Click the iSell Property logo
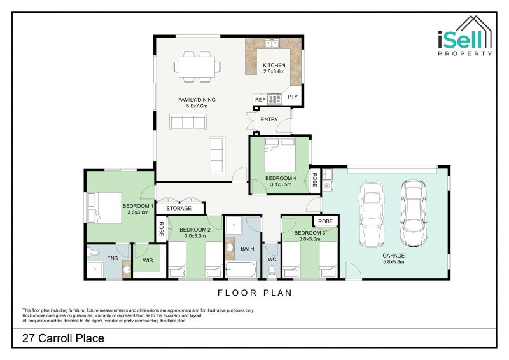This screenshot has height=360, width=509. pos(465,36)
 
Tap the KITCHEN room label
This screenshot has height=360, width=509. pos(274,65)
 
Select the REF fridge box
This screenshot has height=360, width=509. pos(260,100)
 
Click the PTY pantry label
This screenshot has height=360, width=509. pos(293,97)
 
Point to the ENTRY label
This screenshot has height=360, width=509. pos(269,120)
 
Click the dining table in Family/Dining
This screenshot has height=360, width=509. pos(197,67)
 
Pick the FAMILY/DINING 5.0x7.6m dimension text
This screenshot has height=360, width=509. pos(197,106)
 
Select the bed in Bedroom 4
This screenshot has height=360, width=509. pos(280,155)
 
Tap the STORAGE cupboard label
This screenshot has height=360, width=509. pos(179,208)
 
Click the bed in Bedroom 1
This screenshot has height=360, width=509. pos(104,208)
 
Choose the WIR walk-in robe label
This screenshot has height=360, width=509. pos(148,260)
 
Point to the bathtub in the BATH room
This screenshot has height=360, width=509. pos(241,270)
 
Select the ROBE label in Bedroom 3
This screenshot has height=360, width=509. pos(325,221)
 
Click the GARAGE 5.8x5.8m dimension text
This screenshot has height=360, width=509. pos(393,261)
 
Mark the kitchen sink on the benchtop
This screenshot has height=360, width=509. pos(272,43)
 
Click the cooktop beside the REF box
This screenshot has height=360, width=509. pos(275,99)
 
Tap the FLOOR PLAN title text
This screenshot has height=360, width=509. pos(255,293)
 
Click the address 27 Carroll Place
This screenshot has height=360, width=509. pos(63,338)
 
